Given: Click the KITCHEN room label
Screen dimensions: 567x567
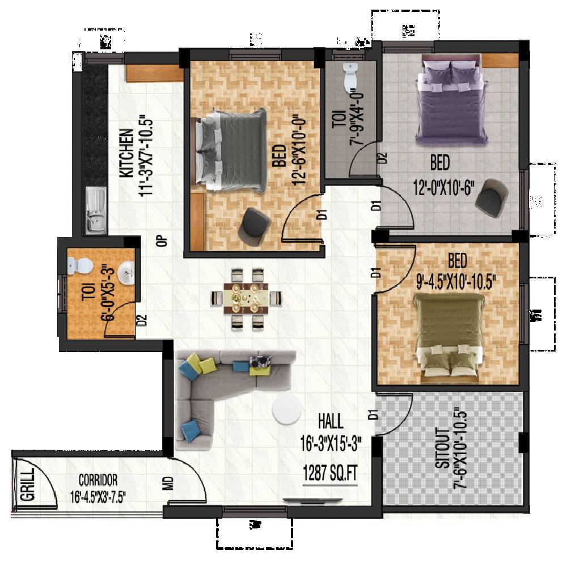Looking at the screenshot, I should [126, 154].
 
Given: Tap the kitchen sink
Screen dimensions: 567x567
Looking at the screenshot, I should [95, 210].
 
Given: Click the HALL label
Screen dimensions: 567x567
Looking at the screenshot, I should [330, 421].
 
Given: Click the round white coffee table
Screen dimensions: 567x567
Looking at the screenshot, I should [286, 409].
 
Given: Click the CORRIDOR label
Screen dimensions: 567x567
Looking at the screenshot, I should [98, 478].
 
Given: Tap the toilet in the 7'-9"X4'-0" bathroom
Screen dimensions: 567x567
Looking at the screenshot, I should [350, 77].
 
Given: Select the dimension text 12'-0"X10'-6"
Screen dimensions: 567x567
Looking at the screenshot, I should [444, 187].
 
